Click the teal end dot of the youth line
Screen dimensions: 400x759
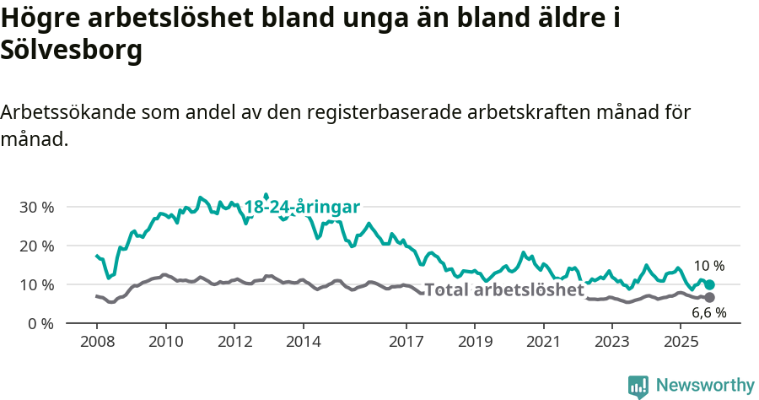(709, 285)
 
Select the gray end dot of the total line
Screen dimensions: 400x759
(709, 298)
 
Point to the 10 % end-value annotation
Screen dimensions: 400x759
(708, 266)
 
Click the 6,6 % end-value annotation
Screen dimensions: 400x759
(709, 313)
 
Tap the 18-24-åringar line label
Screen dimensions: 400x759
(302, 207)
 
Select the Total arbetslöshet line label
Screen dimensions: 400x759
(504, 290)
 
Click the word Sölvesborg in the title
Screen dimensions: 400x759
(71, 51)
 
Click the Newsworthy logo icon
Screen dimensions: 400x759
(638, 386)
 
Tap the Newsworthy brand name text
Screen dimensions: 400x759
(705, 386)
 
